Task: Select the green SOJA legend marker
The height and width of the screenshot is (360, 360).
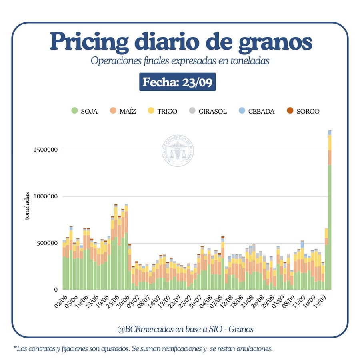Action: pyautogui.click(x=74, y=111)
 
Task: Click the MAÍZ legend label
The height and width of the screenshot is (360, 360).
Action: pyautogui.click(x=128, y=111)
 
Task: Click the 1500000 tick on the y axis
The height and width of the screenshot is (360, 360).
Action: pyautogui.click(x=45, y=150)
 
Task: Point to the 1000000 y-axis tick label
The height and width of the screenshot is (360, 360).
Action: pyautogui.click(x=45, y=196)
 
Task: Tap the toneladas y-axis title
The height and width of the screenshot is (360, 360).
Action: pyautogui.click(x=27, y=206)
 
